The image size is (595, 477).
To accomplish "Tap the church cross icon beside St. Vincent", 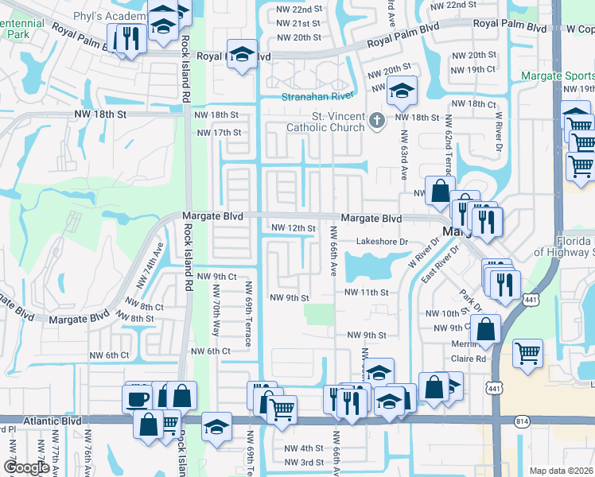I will point(377,121).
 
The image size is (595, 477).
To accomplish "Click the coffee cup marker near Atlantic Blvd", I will point(137,397).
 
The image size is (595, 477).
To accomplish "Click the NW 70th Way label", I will point(216,306).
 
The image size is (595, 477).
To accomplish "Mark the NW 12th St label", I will point(294,228).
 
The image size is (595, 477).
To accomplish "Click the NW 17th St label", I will point(218,133).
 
